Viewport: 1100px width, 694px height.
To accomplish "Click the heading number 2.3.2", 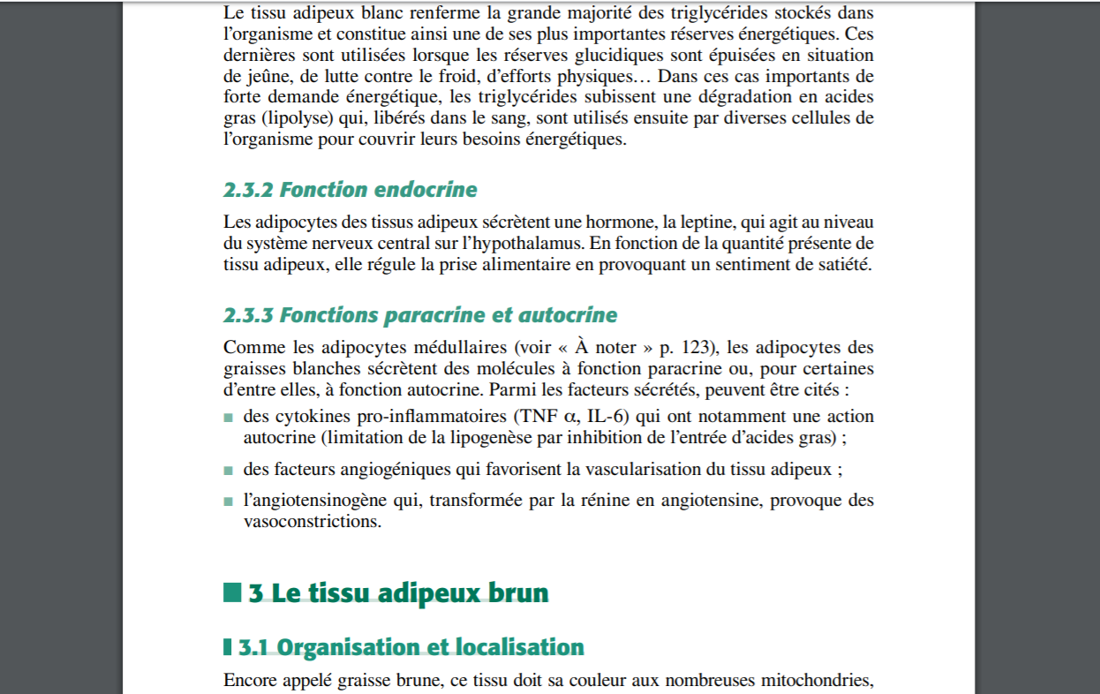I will [249, 190].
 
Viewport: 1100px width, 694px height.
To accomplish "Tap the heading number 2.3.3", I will [249, 315].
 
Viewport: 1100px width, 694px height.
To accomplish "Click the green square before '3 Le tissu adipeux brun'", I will [232, 592].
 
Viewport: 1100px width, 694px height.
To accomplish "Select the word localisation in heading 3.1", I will [519, 647].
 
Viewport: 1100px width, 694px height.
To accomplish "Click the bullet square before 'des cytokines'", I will [229, 418].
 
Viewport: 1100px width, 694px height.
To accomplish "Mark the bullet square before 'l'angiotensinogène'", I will [229, 502].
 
